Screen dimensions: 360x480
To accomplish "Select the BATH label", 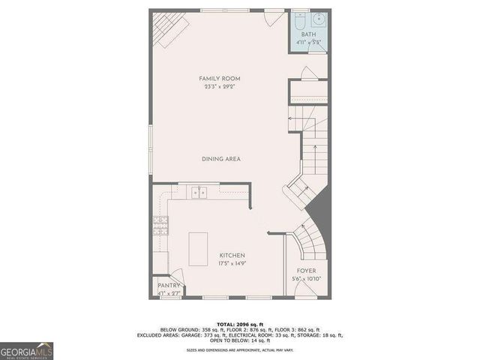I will [x=308, y=34].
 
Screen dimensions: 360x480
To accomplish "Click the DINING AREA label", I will [x=220, y=159].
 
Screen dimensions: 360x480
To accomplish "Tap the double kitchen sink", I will [x=199, y=193].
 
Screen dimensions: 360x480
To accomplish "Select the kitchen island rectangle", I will [x=199, y=248].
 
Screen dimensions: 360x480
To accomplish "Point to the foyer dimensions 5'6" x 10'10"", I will [x=306, y=279].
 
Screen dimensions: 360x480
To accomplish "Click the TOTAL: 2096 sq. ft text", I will [x=239, y=323].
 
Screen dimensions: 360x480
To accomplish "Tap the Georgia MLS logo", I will [x=27, y=350].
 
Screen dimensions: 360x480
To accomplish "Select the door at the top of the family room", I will [x=274, y=16].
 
